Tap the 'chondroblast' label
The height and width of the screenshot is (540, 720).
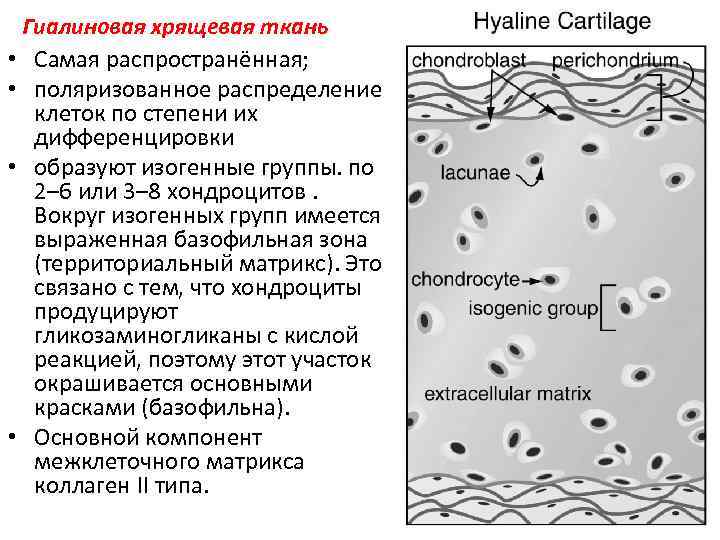469,60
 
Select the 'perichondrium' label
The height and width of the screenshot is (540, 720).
615,60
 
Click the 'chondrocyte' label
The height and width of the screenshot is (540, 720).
465,279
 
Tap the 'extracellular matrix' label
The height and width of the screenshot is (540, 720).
508,392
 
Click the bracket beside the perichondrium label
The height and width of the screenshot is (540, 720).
654,96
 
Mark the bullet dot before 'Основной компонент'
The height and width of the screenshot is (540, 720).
19,437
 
